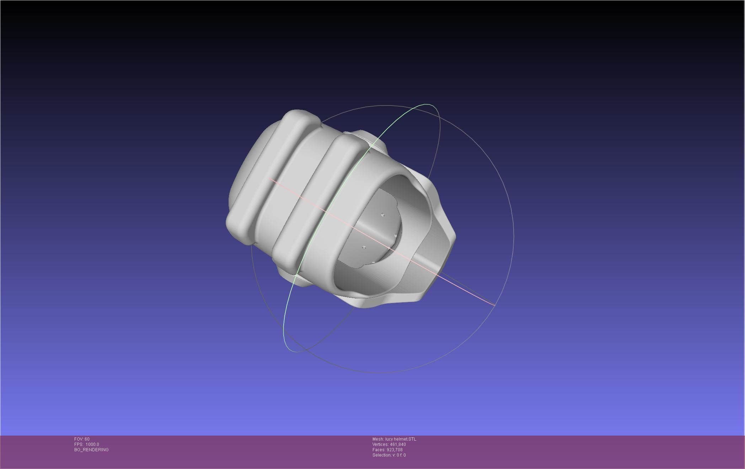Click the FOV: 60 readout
click(82, 439)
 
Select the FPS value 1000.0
click(92, 444)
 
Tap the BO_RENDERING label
click(91, 450)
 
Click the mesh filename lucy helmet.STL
click(401, 439)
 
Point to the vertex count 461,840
click(398, 444)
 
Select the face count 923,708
click(395, 450)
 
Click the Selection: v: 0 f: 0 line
click(389, 455)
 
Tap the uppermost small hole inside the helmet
click(383, 215)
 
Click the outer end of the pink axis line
click(495, 305)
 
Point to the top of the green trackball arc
click(427, 104)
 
